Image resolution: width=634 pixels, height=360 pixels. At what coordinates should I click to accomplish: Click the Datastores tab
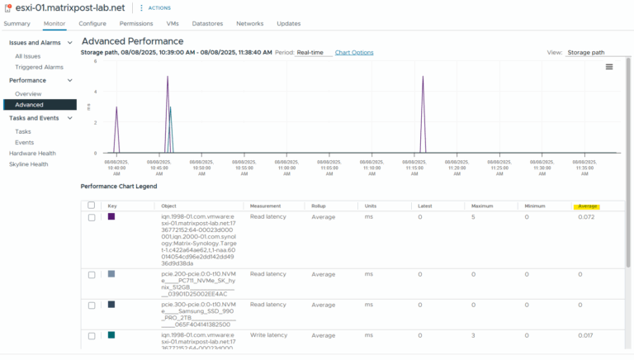click(x=207, y=23)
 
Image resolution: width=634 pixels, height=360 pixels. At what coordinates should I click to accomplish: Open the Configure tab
click(x=92, y=23)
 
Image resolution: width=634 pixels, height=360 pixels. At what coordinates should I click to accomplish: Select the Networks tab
click(x=249, y=23)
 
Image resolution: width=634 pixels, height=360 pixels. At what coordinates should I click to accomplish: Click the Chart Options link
click(x=353, y=52)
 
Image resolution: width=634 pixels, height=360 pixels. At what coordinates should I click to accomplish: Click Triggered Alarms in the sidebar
click(x=39, y=67)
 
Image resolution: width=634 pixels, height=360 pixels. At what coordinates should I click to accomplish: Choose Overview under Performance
click(x=28, y=93)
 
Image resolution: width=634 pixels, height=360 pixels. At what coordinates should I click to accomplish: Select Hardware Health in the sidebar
click(x=32, y=153)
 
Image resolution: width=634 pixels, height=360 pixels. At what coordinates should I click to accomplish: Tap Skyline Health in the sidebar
click(x=29, y=163)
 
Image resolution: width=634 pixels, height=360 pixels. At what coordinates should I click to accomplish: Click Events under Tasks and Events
click(x=24, y=142)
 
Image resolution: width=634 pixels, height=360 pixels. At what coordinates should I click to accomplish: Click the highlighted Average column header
click(x=588, y=206)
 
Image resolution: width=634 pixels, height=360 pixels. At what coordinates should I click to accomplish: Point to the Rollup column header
click(x=319, y=206)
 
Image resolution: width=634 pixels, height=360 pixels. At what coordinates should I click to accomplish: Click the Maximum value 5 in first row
click(x=473, y=216)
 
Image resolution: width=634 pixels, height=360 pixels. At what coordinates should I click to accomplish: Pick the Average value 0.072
click(x=586, y=216)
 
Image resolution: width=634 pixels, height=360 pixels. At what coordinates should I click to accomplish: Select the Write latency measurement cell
click(x=268, y=335)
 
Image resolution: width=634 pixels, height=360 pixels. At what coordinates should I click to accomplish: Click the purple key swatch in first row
click(x=111, y=216)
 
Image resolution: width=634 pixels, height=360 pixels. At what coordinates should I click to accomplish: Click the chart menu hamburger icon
click(x=609, y=67)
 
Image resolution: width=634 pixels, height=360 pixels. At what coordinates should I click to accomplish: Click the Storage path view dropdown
click(x=596, y=52)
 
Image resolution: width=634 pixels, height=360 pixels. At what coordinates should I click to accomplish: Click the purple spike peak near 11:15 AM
click(x=423, y=77)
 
